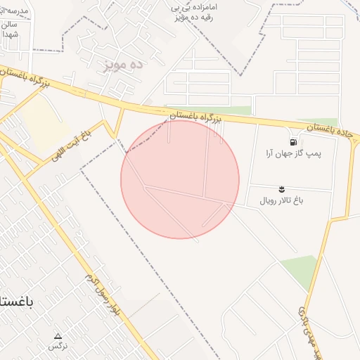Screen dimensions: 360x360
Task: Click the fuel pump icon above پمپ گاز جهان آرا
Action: [292, 141]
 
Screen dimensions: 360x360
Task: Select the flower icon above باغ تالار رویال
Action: [281, 188]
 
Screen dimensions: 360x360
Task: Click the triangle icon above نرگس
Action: [58, 335]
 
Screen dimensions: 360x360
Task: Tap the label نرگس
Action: [58, 346]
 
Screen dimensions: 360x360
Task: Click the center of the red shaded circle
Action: [180, 179]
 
